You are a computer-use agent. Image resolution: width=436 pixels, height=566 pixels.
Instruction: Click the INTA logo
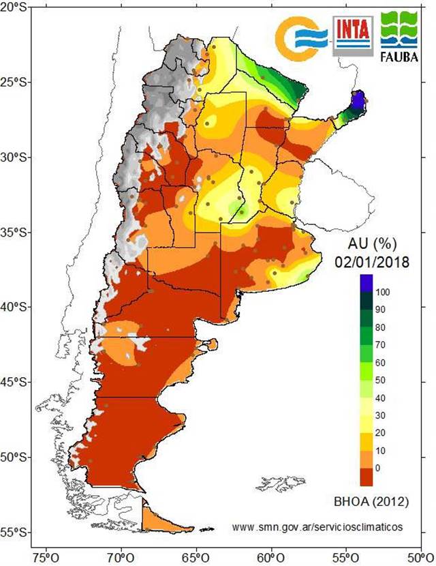[x=352, y=35]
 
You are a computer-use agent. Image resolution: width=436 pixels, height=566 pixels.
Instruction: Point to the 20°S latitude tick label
[x=14, y=7]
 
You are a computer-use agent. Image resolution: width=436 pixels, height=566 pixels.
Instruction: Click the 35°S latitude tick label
[x=14, y=232]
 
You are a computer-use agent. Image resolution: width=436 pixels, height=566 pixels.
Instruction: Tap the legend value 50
[x=381, y=379]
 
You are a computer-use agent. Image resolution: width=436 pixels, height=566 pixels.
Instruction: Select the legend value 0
[x=379, y=468]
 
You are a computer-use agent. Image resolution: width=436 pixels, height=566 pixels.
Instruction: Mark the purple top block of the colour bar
[x=367, y=282]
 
